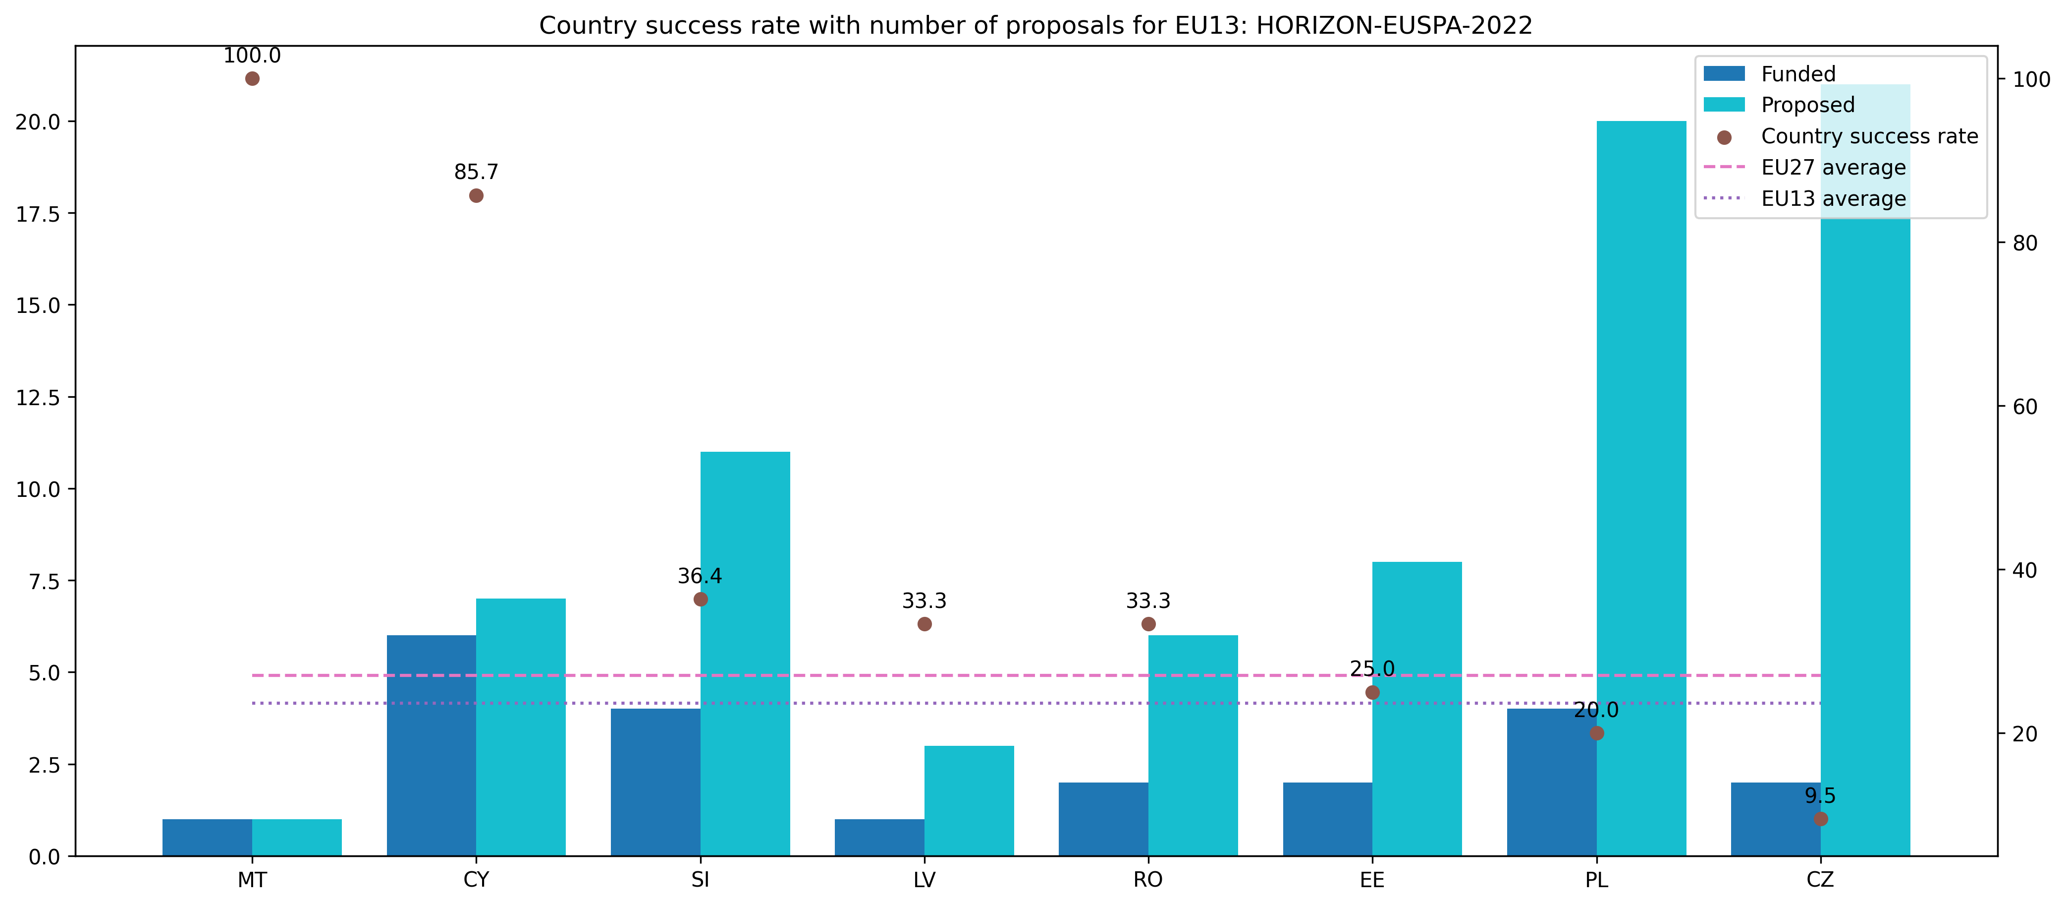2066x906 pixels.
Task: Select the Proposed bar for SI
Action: [x=745, y=654]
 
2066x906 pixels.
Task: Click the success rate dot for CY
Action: [x=477, y=196]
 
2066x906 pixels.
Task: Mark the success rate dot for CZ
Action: [x=1821, y=819]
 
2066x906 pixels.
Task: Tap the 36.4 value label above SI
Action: [x=700, y=576]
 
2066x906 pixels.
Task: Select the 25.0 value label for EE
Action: [x=1372, y=668]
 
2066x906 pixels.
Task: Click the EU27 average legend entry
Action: [x=1833, y=168]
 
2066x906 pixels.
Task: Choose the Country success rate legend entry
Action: [x=1869, y=136]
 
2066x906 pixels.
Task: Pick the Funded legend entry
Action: [x=1798, y=74]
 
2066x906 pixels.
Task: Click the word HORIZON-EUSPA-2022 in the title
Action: [x=1394, y=26]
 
